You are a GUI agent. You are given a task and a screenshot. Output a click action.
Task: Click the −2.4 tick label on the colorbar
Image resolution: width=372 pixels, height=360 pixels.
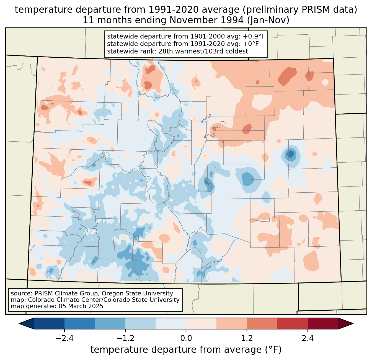(64, 338)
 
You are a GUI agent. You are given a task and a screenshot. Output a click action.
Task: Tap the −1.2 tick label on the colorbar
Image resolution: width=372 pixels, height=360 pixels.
(125, 338)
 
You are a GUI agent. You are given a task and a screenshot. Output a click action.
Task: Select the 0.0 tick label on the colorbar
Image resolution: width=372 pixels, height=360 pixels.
(186, 338)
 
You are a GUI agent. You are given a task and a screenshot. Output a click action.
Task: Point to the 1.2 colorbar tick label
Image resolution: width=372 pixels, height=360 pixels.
(247, 338)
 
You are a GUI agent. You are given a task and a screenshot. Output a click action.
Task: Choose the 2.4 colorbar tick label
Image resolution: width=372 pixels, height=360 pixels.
(308, 338)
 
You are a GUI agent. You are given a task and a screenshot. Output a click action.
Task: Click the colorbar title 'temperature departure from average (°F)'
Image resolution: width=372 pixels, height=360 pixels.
(186, 350)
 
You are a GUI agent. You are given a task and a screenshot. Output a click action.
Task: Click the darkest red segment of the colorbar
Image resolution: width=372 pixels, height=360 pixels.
(323, 323)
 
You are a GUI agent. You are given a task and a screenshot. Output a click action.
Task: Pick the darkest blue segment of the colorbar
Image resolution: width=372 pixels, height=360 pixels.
(49, 323)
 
